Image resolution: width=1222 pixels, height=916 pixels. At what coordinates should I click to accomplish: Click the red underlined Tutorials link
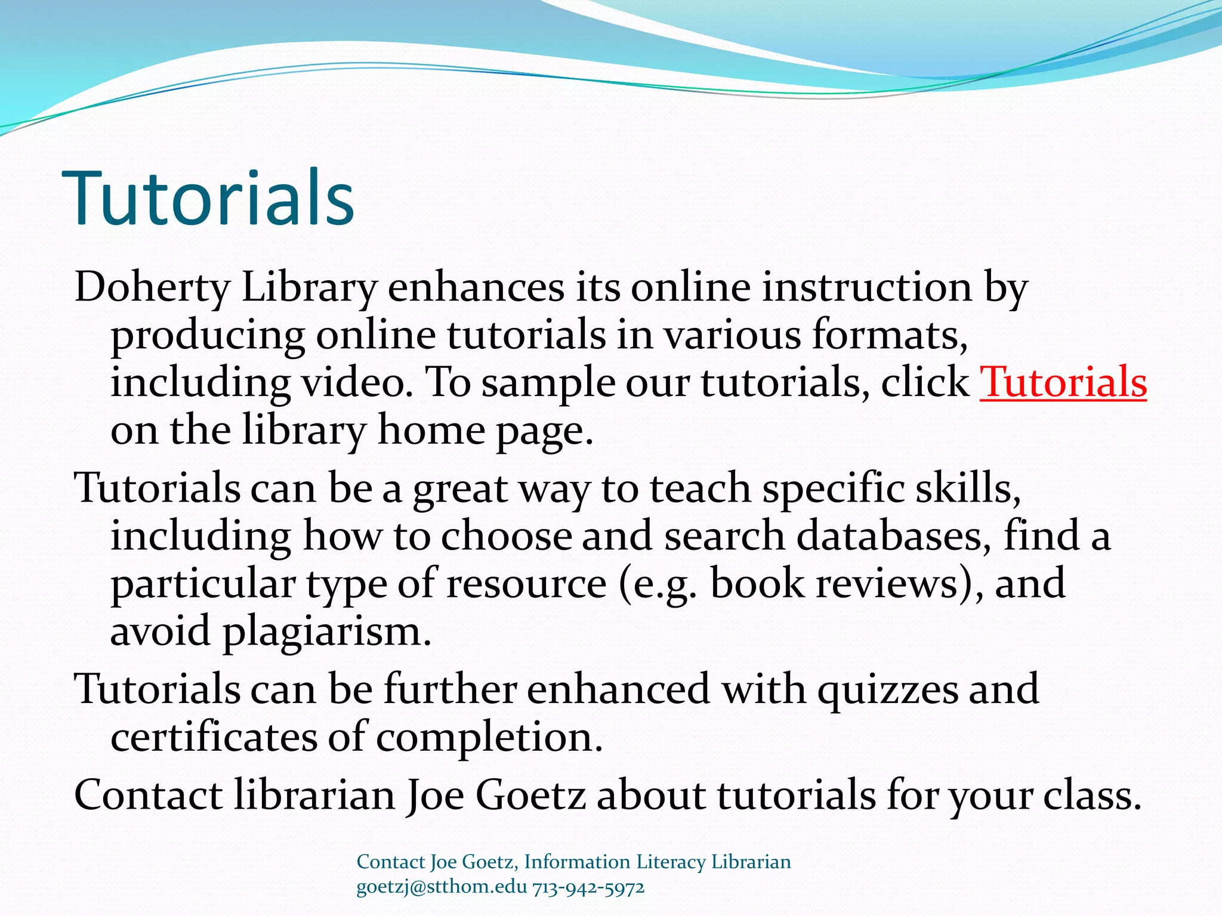coord(1063,382)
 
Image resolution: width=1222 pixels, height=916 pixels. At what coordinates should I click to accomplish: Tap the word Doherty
coord(152,288)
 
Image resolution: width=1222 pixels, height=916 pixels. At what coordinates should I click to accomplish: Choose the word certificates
coord(214,737)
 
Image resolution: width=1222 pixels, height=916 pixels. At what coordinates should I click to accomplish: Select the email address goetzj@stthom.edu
coord(442,887)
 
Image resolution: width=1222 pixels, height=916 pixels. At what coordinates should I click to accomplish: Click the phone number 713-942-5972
coord(588,887)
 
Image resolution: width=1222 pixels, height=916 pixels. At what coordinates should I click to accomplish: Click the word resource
coord(526,583)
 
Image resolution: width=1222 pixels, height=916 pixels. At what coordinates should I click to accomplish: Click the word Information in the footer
coord(577,862)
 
